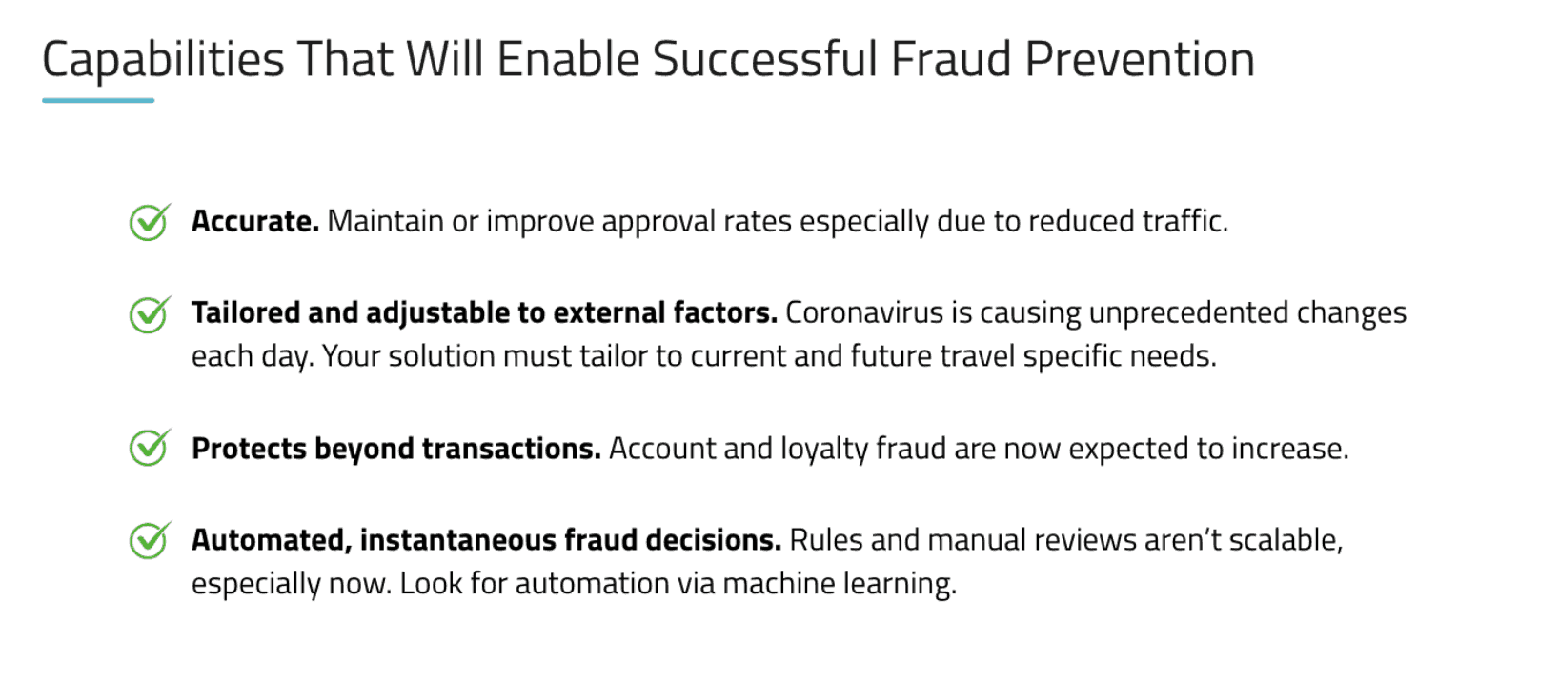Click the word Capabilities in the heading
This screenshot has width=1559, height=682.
click(x=164, y=61)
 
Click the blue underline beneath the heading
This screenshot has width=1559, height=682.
click(x=98, y=100)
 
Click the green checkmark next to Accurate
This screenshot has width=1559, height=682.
click(x=150, y=222)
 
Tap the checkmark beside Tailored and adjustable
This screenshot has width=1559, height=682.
click(x=150, y=314)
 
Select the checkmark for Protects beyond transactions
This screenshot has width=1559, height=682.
click(x=150, y=447)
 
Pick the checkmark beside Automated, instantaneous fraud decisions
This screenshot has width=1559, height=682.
click(x=150, y=539)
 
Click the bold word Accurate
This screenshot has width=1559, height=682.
click(x=255, y=221)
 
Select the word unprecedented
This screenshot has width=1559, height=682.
click(x=1188, y=314)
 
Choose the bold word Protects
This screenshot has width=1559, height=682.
click(x=249, y=449)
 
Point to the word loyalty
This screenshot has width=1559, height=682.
click(x=824, y=450)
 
